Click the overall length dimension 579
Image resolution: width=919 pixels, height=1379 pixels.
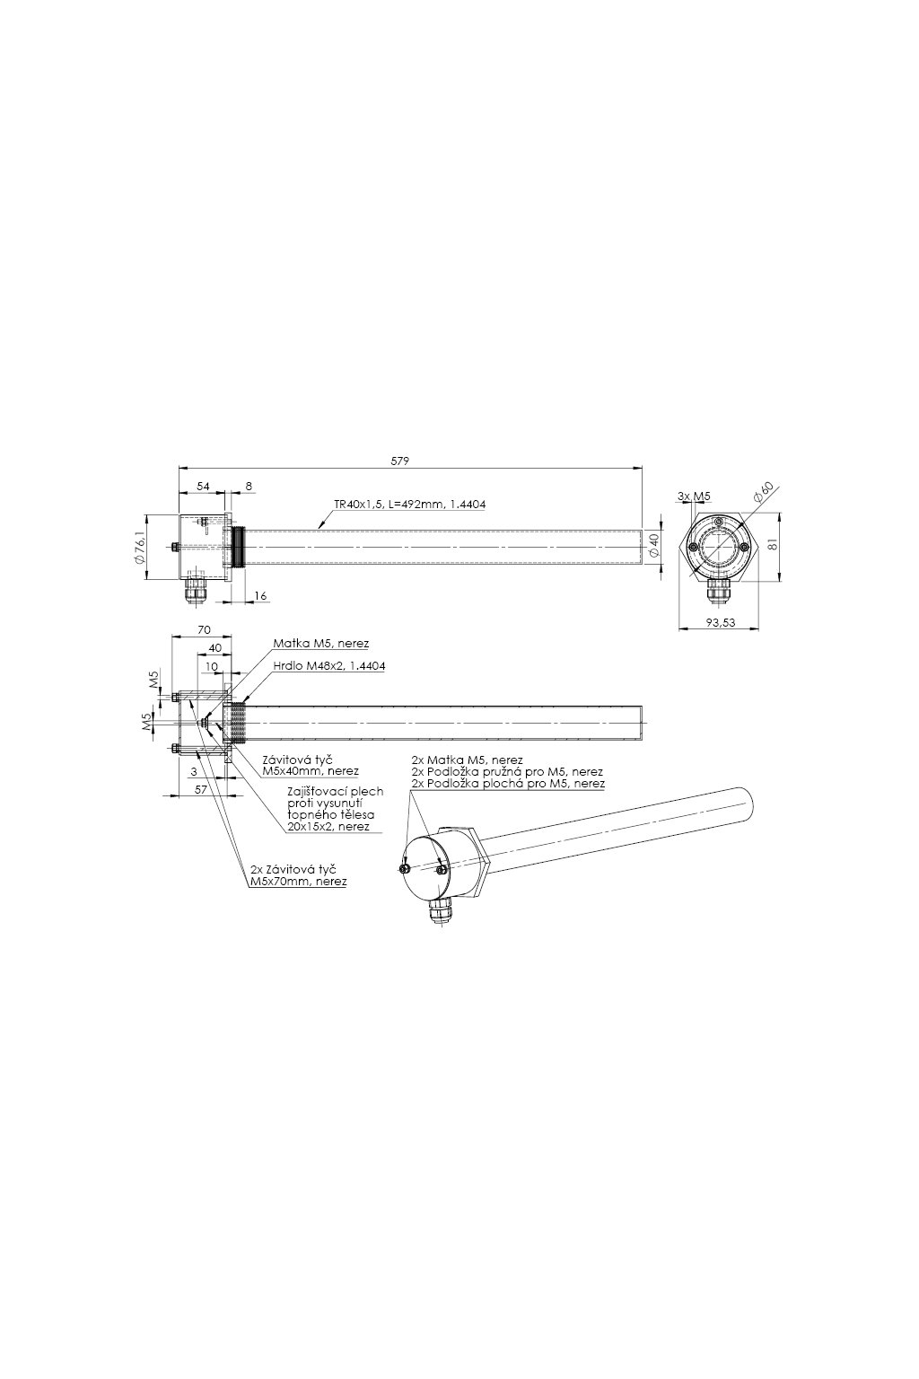399,461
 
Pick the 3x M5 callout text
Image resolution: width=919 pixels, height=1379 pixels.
695,496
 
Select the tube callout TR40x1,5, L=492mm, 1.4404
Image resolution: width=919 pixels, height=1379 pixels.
409,505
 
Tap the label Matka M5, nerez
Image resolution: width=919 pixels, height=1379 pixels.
320,644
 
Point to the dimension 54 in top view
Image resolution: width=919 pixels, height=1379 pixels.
203,486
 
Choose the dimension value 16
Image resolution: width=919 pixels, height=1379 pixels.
260,595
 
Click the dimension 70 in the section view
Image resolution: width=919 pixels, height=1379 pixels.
203,631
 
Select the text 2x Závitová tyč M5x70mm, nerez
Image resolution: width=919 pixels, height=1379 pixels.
297,876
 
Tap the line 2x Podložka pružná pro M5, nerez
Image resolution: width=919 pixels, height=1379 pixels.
506,771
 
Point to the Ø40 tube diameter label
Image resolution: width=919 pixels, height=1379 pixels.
654,545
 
